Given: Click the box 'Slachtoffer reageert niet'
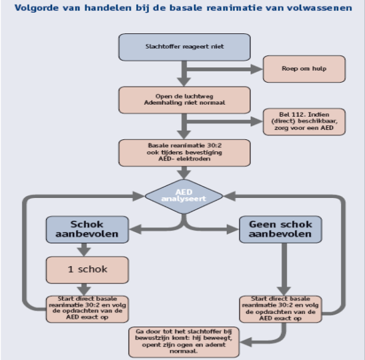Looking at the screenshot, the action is [x=185, y=47].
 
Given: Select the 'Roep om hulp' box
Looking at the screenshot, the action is [x=304, y=69].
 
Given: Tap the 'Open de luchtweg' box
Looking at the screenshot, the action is [x=185, y=100].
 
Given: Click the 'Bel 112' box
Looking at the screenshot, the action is [x=304, y=121].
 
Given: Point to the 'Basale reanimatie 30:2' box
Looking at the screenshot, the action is [x=185, y=153].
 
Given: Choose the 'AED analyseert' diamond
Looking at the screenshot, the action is [x=184, y=196].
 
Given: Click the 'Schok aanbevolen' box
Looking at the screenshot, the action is [x=87, y=229].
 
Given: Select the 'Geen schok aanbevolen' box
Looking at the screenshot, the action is [x=280, y=229].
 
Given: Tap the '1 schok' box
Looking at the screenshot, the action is [x=87, y=270].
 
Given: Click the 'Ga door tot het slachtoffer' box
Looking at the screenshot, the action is [x=184, y=342].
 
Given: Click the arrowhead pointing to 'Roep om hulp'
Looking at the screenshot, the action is [x=256, y=69].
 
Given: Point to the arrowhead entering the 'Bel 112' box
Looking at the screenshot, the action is [x=256, y=121].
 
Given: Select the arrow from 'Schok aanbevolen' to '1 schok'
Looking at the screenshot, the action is [x=84, y=250].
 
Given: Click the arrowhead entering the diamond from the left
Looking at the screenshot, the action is [x=139, y=196].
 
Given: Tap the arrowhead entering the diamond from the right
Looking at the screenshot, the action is [x=230, y=196].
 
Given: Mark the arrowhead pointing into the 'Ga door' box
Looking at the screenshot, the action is [x=246, y=342].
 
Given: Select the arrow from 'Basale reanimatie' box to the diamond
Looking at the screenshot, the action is [x=184, y=173].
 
